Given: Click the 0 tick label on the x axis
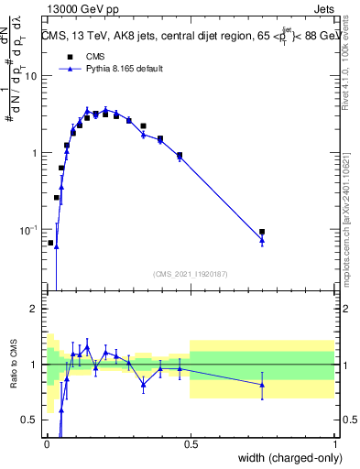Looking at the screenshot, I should (x=46, y=446).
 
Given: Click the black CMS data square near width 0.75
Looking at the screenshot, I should (x=262, y=233).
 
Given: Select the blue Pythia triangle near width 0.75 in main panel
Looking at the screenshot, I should (x=262, y=240).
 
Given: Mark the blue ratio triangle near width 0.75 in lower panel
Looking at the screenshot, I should (x=262, y=384).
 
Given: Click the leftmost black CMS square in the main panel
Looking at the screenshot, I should (x=50, y=243).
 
